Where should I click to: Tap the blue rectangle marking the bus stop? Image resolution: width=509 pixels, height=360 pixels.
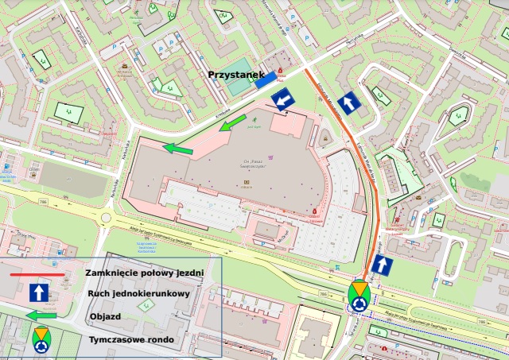pyautogui.click(x=266, y=78)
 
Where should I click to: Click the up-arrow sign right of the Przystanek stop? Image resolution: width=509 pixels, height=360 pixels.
pyautogui.click(x=348, y=102)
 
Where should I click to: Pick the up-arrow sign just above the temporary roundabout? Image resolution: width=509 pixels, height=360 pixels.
pyautogui.click(x=383, y=266)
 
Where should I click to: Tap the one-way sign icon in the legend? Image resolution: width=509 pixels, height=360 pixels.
pyautogui.click(x=41, y=293)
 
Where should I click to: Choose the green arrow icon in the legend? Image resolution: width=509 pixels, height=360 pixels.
pyautogui.click(x=41, y=315)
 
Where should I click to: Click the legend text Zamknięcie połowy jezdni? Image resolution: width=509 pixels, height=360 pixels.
pyautogui.click(x=144, y=273)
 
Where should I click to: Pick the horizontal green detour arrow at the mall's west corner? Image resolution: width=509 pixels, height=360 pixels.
pyautogui.click(x=178, y=147)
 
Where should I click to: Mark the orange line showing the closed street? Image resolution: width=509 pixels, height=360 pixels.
pyautogui.click(x=356, y=159)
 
